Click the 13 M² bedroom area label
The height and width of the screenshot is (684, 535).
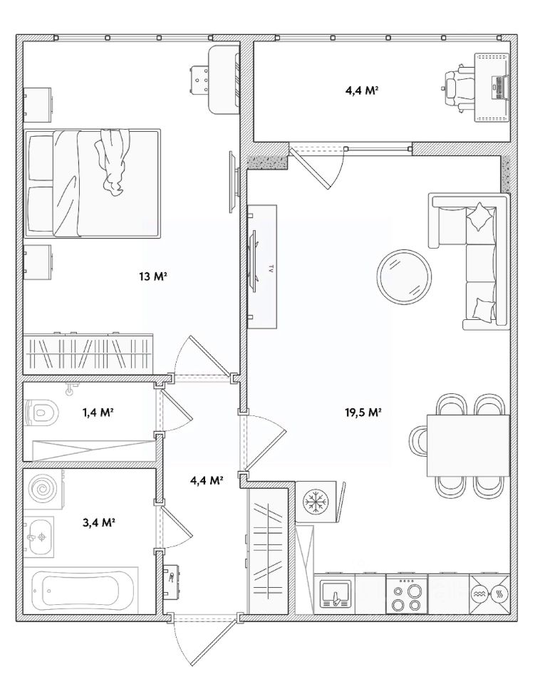[153, 276]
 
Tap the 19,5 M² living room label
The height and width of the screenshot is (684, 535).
[363, 413]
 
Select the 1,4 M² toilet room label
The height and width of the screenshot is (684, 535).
[98, 412]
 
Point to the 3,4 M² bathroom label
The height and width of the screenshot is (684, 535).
[98, 522]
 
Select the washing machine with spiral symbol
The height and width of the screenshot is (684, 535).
[43, 489]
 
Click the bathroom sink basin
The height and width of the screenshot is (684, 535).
[38, 537]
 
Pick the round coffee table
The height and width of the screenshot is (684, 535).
[405, 276]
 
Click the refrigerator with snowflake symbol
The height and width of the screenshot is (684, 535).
[316, 501]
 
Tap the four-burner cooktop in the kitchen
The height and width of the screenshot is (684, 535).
[406, 594]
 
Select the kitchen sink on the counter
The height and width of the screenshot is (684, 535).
[335, 594]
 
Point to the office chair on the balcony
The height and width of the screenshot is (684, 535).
[458, 88]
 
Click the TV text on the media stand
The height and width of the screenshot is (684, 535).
[271, 268]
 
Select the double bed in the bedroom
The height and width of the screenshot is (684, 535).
[92, 183]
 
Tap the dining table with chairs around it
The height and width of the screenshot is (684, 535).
[468, 445]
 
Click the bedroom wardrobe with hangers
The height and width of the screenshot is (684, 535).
[88, 354]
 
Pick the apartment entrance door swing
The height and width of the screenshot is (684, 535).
[205, 637]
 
